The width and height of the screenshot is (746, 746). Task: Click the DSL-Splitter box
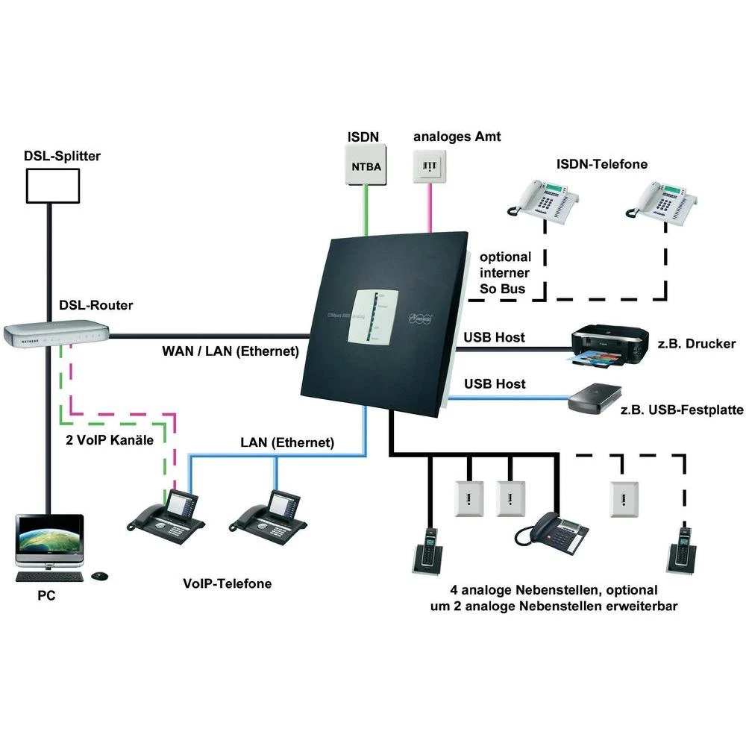pyautogui.click(x=53, y=185)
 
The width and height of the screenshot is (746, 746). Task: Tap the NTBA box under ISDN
pyautogui.click(x=366, y=166)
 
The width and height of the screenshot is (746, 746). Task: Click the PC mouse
pyautogui.click(x=98, y=576)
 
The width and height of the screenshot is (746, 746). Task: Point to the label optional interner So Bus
pyautogui.click(x=505, y=273)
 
